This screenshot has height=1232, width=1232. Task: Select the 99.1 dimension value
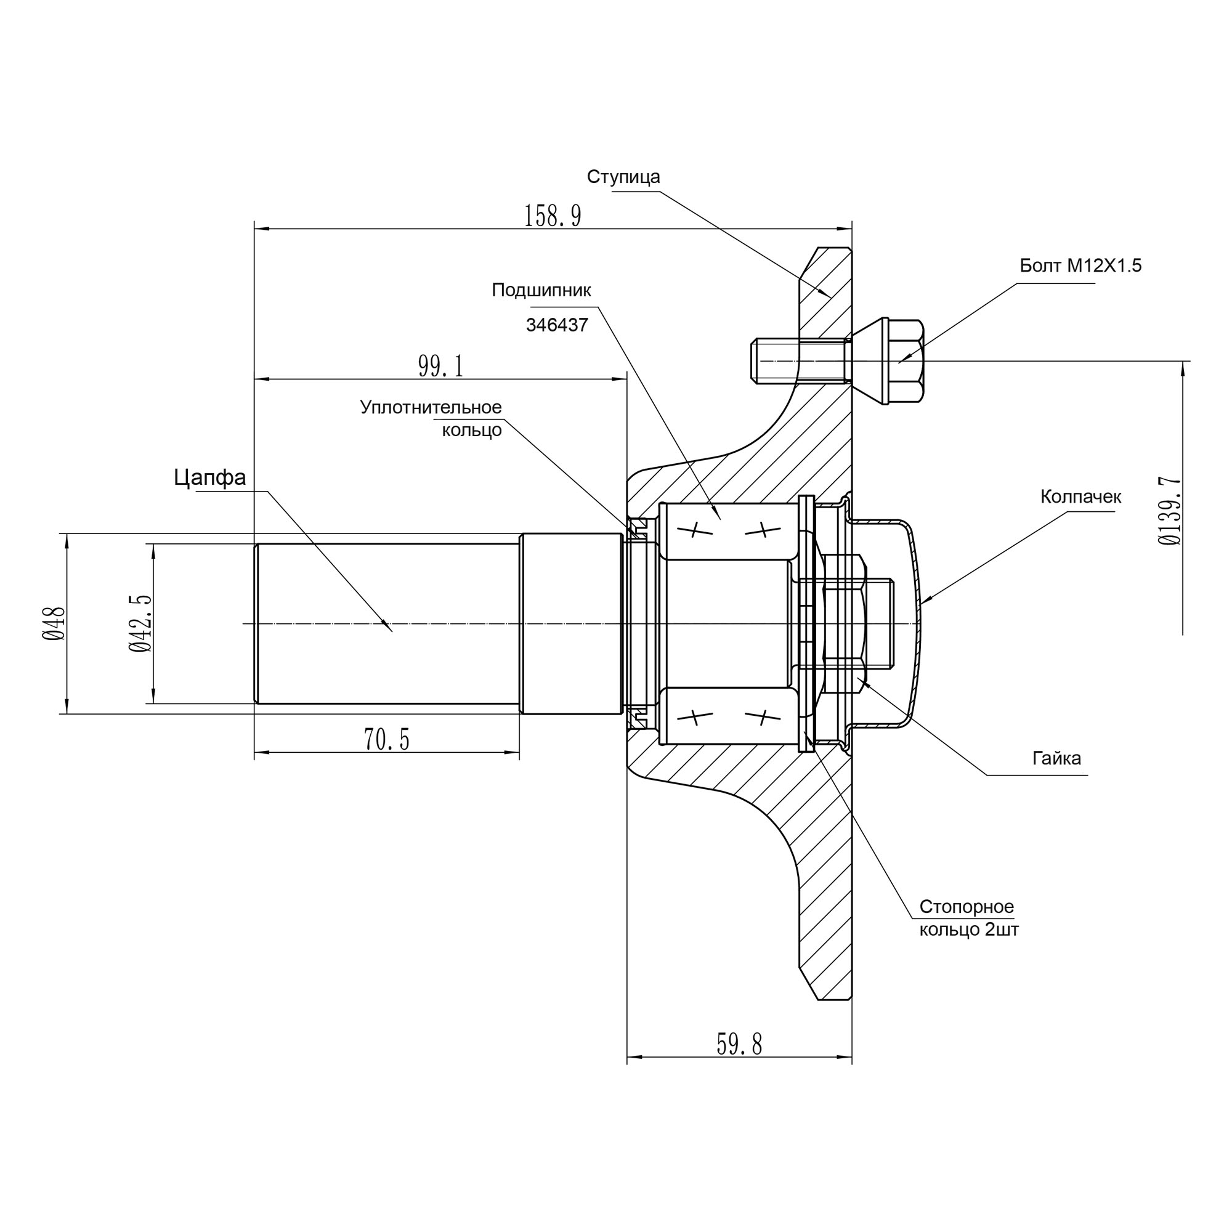440,366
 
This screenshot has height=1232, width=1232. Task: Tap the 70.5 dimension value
386,739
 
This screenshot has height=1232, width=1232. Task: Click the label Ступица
623,177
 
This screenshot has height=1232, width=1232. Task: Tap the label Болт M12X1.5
1080,265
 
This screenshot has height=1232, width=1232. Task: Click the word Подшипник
541,290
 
